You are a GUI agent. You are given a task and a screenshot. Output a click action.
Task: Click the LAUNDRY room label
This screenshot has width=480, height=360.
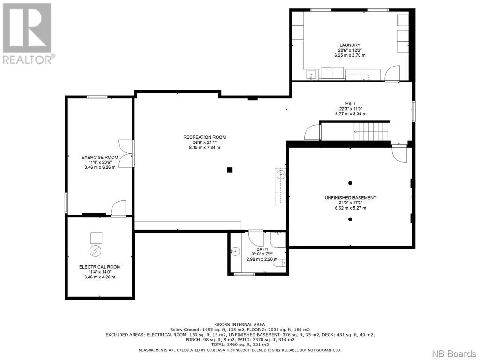[x=350, y=45]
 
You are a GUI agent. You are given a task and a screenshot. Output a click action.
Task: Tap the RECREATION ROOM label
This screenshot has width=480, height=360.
[x=204, y=137]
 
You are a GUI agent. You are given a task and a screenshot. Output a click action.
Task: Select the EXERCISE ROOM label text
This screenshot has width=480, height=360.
[x=100, y=157]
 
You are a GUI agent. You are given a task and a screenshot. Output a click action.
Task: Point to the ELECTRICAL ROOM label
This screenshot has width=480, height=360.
[x=100, y=267]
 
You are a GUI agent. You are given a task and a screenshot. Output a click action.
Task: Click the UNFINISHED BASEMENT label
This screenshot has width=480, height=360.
[x=350, y=198]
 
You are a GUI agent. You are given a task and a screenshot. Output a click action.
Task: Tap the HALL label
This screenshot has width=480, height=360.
[x=351, y=104]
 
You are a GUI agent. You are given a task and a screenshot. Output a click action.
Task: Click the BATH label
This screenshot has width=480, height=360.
[x=262, y=249]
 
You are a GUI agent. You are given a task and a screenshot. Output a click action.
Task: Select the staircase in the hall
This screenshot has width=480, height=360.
[x=372, y=131]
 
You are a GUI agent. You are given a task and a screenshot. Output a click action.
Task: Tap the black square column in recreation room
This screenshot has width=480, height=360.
[x=230, y=170]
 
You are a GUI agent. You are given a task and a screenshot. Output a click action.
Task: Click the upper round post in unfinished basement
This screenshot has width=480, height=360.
[x=350, y=183]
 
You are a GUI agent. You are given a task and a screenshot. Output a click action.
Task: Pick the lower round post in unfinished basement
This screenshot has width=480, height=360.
[x=350, y=219]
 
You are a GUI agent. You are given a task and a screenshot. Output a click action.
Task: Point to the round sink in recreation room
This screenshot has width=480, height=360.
[x=281, y=175]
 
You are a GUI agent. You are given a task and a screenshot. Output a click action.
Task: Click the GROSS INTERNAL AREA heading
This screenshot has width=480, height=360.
[x=240, y=324]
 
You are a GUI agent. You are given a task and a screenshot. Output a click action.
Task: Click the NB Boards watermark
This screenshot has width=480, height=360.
[x=454, y=353]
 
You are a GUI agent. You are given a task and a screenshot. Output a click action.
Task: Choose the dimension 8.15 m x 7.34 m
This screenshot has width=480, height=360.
[x=204, y=148]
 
